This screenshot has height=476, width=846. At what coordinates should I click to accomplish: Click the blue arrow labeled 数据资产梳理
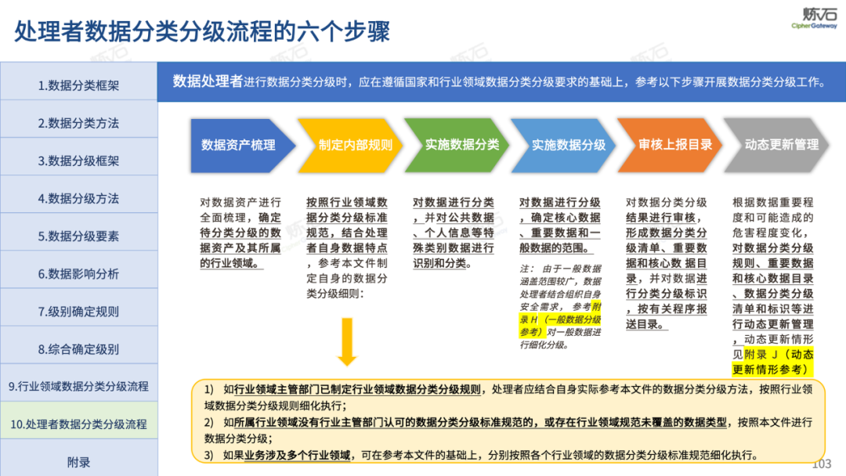(x=238, y=145)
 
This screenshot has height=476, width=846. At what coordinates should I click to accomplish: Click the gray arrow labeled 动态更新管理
(x=781, y=145)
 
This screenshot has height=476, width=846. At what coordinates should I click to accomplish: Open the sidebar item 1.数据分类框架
(x=78, y=85)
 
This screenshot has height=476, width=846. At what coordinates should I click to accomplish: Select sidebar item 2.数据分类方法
(x=78, y=123)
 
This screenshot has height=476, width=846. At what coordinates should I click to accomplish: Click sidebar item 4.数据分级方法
(x=78, y=198)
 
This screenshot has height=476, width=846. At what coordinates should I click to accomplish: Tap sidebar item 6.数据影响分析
(x=78, y=274)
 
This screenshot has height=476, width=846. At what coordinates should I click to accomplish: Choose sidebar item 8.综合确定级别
(x=78, y=349)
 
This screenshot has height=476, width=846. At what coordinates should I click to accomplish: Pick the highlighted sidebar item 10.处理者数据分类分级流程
(x=78, y=424)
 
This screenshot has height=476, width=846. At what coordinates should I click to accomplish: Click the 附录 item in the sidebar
(x=78, y=462)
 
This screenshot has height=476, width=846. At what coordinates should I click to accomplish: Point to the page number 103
(x=821, y=464)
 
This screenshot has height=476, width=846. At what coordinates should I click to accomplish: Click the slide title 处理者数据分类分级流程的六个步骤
(x=202, y=32)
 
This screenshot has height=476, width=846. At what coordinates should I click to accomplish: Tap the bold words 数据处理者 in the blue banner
(x=208, y=81)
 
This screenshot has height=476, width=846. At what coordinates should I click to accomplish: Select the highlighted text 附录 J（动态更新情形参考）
(x=772, y=361)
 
